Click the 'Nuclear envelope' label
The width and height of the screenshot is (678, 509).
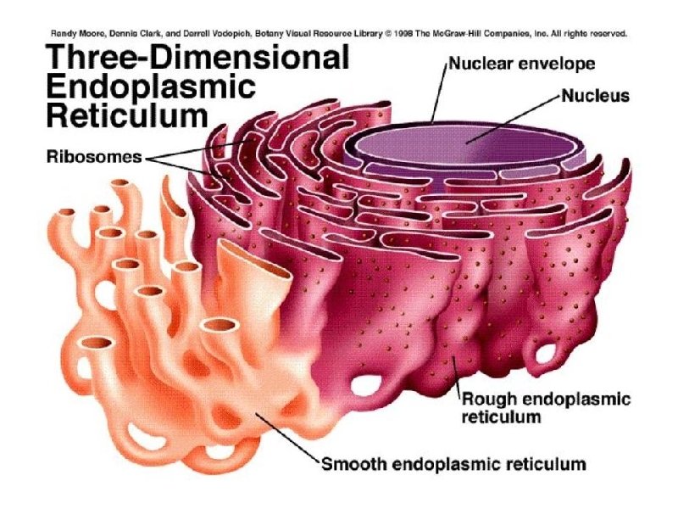tap(510, 64)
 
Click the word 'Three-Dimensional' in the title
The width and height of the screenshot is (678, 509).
tap(197, 58)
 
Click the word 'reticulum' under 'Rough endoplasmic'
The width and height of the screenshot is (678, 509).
tap(501, 417)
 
